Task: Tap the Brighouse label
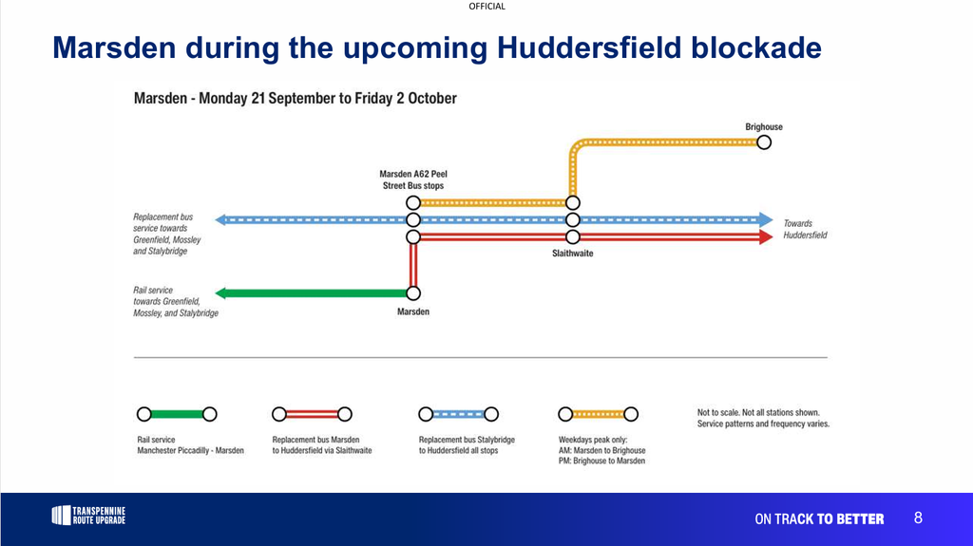tap(764, 126)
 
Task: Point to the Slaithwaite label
tap(573, 254)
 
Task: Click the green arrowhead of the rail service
tap(220, 292)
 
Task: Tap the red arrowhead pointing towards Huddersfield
tap(767, 237)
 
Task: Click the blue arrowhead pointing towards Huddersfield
tap(767, 219)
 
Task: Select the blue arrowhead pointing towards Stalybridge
tap(220, 219)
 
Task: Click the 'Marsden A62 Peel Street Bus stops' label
tap(413, 179)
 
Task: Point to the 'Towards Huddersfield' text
tap(805, 229)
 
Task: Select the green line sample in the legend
tap(177, 414)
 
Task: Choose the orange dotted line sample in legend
tap(599, 414)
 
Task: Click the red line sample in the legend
tap(312, 414)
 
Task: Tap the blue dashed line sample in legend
tap(459, 414)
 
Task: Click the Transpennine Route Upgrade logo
tap(88, 516)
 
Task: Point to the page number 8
tap(919, 518)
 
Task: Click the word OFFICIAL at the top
tap(487, 7)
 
